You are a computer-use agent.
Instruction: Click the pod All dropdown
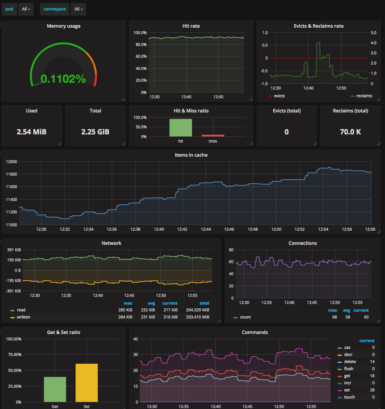click(26, 9)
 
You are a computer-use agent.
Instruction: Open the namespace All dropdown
click(78, 9)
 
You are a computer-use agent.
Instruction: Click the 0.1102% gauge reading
click(63, 79)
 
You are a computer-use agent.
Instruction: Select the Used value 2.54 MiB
click(31, 132)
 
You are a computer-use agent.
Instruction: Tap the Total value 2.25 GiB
click(95, 132)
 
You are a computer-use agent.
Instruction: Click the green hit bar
click(181, 128)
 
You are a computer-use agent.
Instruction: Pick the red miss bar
click(213, 135)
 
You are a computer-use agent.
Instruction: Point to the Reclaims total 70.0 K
click(351, 132)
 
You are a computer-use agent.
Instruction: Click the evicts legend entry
click(277, 96)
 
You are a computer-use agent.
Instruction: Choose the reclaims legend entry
click(361, 96)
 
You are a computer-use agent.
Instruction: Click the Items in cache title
click(191, 155)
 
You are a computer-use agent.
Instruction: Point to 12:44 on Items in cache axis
click(206, 229)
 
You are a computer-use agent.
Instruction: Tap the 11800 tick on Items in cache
click(11, 174)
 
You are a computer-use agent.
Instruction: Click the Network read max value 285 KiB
click(125, 310)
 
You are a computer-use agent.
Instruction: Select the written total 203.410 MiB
click(198, 317)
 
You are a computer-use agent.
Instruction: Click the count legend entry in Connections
click(242, 317)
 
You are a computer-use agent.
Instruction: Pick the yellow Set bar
click(87, 383)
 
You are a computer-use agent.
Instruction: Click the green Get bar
click(55, 389)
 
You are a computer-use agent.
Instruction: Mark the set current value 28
click(372, 390)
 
